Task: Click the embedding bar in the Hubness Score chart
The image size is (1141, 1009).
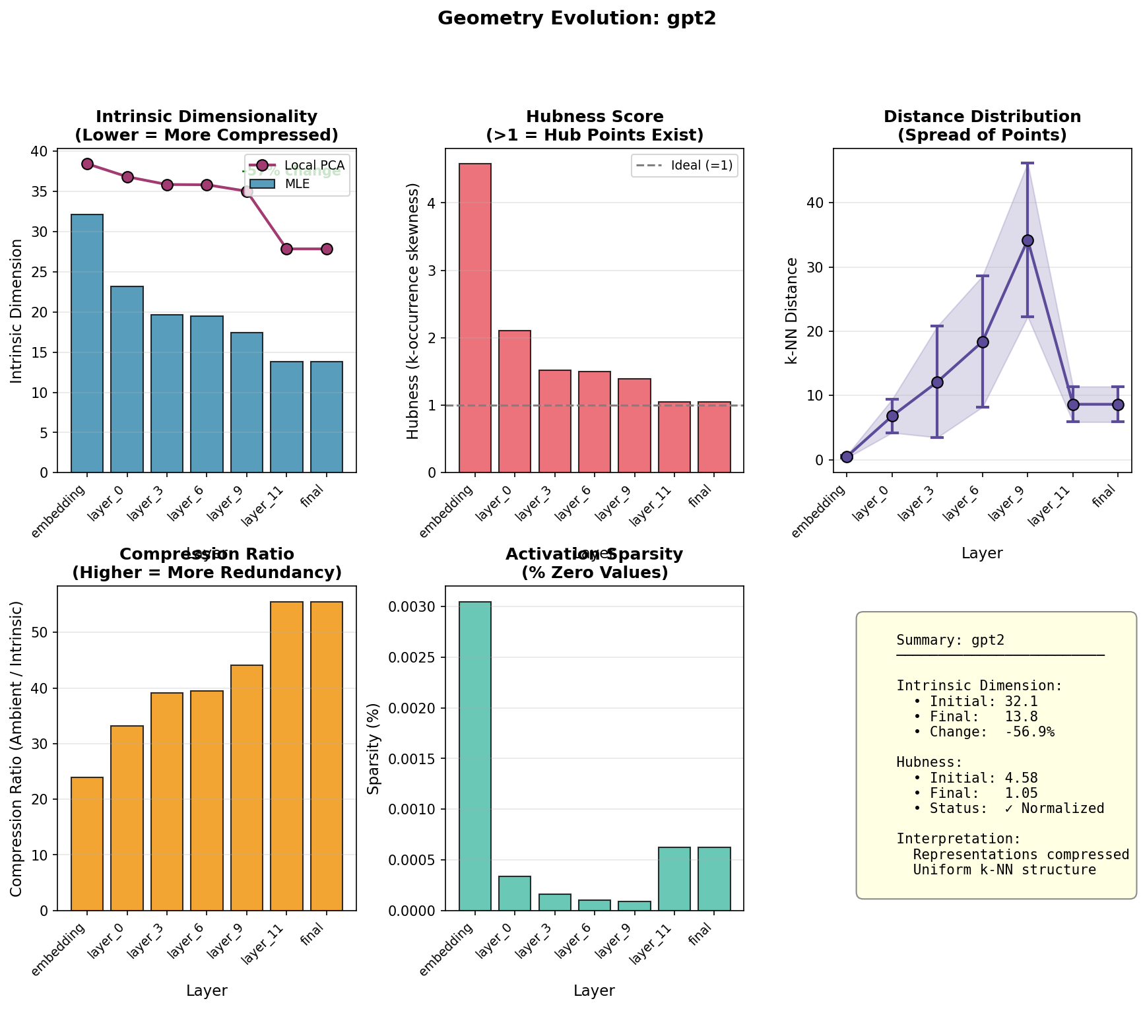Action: [475, 317]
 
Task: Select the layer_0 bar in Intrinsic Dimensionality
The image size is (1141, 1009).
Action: [127, 379]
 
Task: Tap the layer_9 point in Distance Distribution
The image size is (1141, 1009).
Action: [1027, 241]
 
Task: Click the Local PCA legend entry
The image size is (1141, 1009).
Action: [314, 165]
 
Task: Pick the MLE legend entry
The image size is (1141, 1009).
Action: [297, 184]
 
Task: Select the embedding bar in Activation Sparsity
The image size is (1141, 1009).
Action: [475, 756]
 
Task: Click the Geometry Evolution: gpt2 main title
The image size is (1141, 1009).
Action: [577, 18]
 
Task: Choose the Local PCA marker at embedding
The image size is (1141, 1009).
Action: [88, 164]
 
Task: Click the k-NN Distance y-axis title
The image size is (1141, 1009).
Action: [791, 310]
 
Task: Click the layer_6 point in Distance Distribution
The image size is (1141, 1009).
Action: [983, 342]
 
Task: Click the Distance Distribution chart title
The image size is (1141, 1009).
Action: [982, 125]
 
